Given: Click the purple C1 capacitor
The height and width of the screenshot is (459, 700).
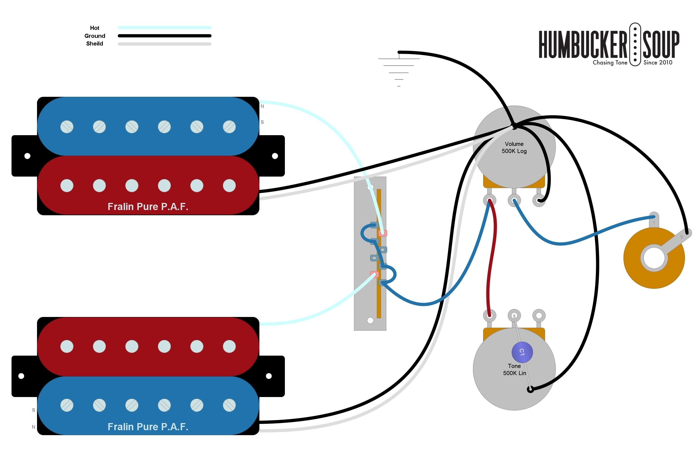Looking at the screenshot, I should pyautogui.click(x=522, y=352).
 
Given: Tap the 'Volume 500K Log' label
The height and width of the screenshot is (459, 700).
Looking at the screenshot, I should pyautogui.click(x=514, y=147).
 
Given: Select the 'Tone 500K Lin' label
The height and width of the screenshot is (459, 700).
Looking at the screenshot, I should pyautogui.click(x=514, y=370).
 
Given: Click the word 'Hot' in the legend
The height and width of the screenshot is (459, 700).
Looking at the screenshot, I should pyautogui.click(x=95, y=28).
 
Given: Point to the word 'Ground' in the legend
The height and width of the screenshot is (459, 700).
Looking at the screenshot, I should pyautogui.click(x=95, y=36).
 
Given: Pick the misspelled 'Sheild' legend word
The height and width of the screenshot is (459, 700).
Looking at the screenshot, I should pyautogui.click(x=95, y=44).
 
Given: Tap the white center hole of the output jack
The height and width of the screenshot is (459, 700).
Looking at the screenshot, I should pyautogui.click(x=654, y=258).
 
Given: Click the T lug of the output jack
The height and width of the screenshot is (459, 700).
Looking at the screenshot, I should pyautogui.click(x=654, y=217).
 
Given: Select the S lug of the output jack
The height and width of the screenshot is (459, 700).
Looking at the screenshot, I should pyautogui.click(x=687, y=233).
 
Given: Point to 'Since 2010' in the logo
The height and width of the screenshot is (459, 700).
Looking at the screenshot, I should pyautogui.click(x=658, y=63).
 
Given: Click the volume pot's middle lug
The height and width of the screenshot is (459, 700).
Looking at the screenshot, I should pyautogui.click(x=514, y=200).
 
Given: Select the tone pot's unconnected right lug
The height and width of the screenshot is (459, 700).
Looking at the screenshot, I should pyautogui.click(x=539, y=316).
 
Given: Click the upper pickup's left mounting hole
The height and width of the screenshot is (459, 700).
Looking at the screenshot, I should pyautogui.click(x=27, y=156).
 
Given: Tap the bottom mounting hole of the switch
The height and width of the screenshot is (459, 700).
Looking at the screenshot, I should pyautogui.click(x=370, y=321).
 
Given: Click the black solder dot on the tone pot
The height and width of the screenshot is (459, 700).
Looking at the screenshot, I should pyautogui.click(x=530, y=390).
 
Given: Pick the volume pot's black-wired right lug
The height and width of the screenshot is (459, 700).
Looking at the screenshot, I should pyautogui.click(x=539, y=200).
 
